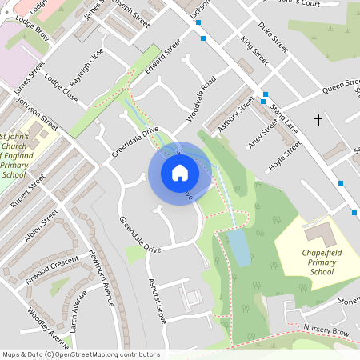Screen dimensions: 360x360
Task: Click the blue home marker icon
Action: point(180,173)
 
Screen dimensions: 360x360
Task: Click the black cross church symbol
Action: point(318,120)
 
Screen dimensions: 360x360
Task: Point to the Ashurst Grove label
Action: point(157,300)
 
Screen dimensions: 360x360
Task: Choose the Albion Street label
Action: point(42,228)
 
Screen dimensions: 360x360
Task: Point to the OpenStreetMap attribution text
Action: point(80,354)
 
